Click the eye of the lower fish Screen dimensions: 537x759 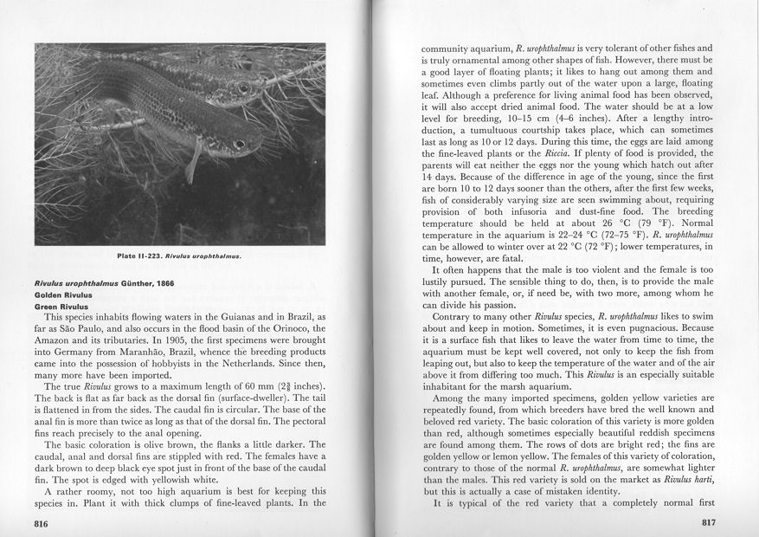point(237,144)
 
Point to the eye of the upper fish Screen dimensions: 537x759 point(243,87)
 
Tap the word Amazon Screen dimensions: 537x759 point(56,344)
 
